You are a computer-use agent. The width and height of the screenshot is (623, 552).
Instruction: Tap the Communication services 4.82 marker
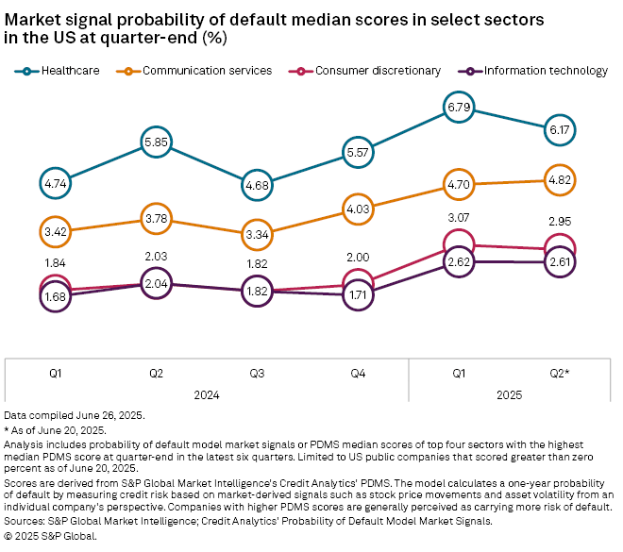pos(559,178)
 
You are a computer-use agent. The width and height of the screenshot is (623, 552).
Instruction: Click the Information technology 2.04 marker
pos(157,282)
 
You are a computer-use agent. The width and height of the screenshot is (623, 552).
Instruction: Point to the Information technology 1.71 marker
pos(358,295)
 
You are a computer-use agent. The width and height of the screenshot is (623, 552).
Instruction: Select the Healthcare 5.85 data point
pos(157,142)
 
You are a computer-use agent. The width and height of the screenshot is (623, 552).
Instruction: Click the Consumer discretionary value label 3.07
pos(458,218)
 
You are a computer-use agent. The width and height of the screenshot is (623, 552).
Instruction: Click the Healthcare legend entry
pos(61,70)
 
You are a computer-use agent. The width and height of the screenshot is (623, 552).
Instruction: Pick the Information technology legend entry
pos(533,70)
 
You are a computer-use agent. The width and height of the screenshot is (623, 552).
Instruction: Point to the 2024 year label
pos(207,396)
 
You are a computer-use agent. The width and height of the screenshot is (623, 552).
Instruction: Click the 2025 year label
pos(509,396)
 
